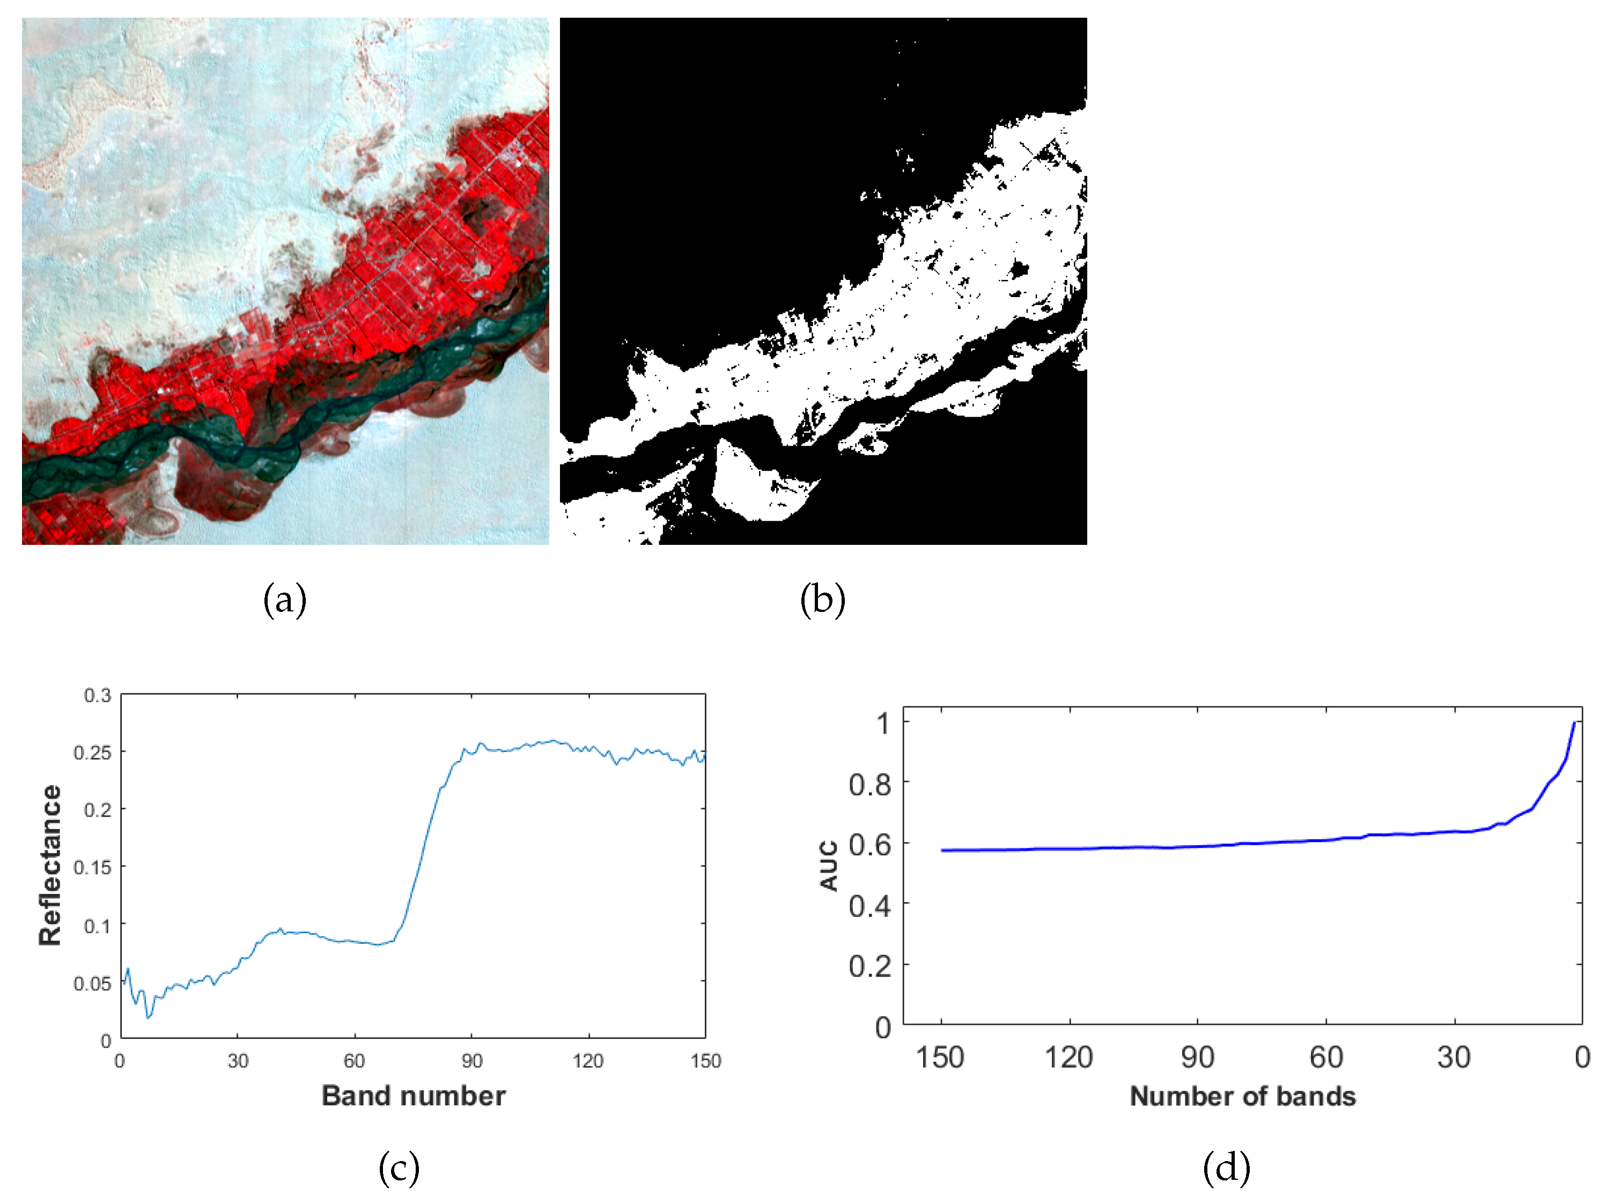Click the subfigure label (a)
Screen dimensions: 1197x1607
pyautogui.click(x=285, y=600)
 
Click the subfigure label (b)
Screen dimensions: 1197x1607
pyautogui.click(x=822, y=600)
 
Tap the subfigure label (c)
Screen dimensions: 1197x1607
pyautogui.click(x=399, y=1168)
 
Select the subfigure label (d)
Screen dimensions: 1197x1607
pyautogui.click(x=1226, y=1168)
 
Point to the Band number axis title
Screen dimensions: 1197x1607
pyautogui.click(x=413, y=1096)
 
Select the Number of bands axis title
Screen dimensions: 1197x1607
pyautogui.click(x=1242, y=1096)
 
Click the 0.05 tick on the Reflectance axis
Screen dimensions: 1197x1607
pyautogui.click(x=93, y=983)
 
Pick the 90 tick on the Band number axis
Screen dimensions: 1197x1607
pyautogui.click(x=471, y=1061)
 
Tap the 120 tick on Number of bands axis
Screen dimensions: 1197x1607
pyautogui.click(x=1068, y=1058)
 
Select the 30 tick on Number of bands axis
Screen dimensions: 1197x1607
pyautogui.click(x=1454, y=1058)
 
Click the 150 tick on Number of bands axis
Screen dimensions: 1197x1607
pyautogui.click(x=940, y=1058)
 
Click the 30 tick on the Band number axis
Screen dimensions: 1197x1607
pyautogui.click(x=238, y=1061)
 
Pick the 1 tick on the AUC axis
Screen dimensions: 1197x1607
pyautogui.click(x=882, y=723)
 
